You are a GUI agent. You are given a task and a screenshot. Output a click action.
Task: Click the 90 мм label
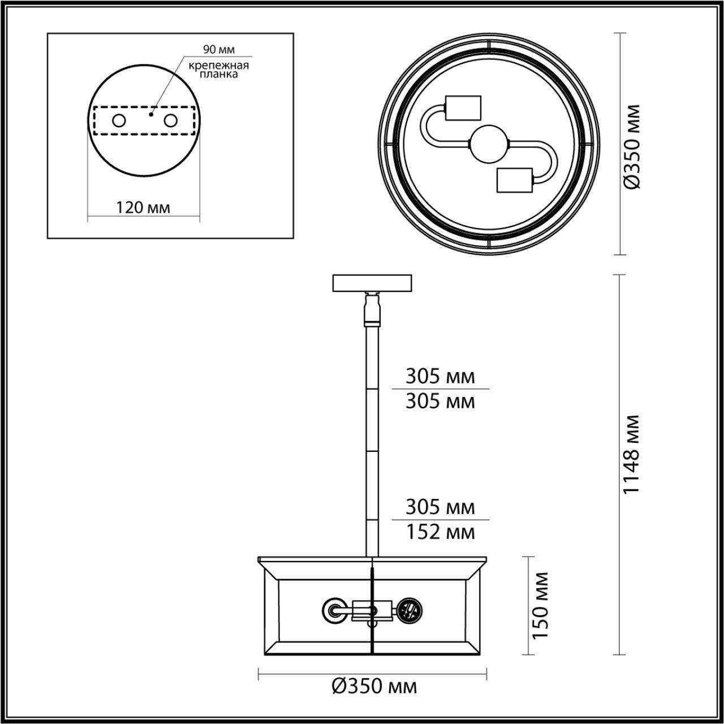coord(218,50)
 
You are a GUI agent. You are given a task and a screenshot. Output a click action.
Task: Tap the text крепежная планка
coord(218,70)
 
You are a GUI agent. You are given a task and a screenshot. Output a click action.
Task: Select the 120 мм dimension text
coord(143,208)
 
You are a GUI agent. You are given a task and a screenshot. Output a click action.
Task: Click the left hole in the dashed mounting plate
coord(119,120)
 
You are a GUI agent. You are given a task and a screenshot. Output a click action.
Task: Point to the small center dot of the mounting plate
coord(150,114)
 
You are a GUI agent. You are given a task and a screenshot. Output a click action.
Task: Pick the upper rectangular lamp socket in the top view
coord(463,109)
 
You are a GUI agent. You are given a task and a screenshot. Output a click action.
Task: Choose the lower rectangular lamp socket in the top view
coord(514,180)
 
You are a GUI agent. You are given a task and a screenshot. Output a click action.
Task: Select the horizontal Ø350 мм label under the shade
coord(374,686)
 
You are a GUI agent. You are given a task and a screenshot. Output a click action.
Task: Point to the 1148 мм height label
coord(631,454)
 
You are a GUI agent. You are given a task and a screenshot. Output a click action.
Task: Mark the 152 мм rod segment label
coord(440,532)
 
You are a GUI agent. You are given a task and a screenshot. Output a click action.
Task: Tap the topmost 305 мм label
coord(440,376)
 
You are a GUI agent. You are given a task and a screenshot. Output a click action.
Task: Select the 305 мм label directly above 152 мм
coord(440,507)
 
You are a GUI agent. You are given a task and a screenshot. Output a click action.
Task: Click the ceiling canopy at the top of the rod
coord(372,283)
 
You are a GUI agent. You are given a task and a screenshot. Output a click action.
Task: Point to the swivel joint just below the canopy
coord(372,308)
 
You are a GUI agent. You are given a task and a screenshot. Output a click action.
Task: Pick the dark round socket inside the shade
coord(408,610)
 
